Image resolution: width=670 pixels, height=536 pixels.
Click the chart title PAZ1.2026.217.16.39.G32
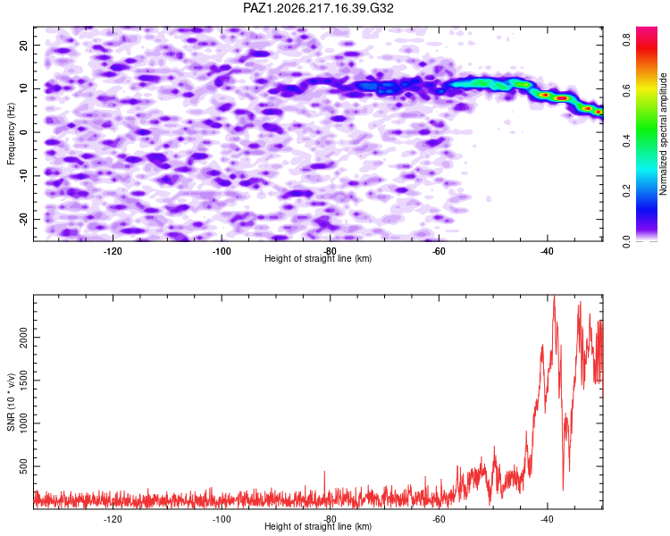pos(318,8)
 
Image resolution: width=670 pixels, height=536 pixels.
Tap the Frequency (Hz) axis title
pos(11,134)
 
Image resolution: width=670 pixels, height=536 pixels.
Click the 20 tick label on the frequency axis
pos(24,45)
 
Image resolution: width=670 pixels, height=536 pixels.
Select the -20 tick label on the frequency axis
pos(24,219)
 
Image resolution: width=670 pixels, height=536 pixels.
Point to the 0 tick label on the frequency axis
pos(24,132)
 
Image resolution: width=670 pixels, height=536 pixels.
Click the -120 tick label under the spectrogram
pos(113,251)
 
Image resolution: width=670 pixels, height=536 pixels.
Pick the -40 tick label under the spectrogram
pos(547,251)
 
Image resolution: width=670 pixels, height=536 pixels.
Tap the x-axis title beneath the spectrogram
pos(318,258)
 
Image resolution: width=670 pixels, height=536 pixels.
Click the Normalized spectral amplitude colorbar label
pos(663,134)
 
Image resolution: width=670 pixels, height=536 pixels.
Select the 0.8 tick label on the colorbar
pos(626,39)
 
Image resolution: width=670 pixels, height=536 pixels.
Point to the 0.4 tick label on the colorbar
pos(626,140)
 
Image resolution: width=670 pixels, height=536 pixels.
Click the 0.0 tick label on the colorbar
pos(626,241)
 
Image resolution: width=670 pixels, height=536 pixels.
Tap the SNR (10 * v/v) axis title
pos(11,402)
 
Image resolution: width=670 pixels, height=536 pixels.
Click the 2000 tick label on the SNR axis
pos(24,338)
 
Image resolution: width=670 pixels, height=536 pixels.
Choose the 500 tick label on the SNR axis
pos(24,466)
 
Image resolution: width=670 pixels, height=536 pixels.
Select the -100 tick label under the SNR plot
pos(222,519)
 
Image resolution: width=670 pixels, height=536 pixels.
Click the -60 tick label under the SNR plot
pos(439,519)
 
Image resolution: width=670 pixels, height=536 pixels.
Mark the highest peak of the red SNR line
pos(554,296)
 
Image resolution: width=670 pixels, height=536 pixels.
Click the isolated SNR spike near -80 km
pos(324,472)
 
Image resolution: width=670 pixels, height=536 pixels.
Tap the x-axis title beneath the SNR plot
pos(318,526)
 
